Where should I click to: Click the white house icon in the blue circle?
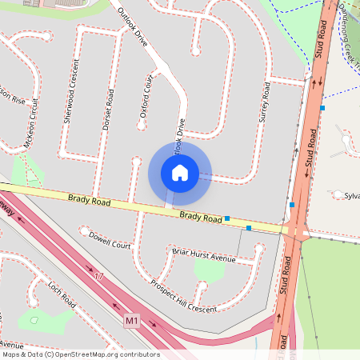tap(180, 172)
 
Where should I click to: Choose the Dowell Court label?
tap(110, 241)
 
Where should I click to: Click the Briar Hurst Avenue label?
tap(204, 254)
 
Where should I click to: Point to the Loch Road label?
tap(61, 294)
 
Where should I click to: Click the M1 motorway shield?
tap(132, 321)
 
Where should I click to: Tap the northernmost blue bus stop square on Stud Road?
tap(322, 107)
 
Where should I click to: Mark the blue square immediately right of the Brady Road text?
tap(228, 218)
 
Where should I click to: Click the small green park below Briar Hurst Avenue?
tap(210, 271)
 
